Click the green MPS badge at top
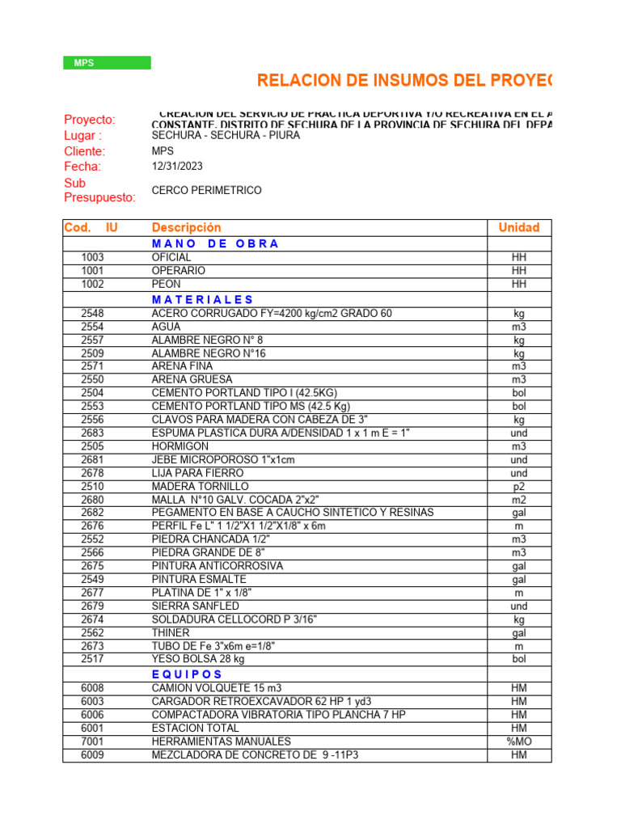(x=107, y=63)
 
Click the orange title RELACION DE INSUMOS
(x=404, y=80)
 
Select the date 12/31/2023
(x=177, y=167)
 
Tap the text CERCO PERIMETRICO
(x=206, y=190)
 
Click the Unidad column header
(x=518, y=228)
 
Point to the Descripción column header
(x=186, y=228)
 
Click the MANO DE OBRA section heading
(x=215, y=243)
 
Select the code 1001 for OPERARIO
(x=92, y=271)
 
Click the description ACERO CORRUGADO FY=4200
(x=272, y=313)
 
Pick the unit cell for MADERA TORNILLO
(x=518, y=486)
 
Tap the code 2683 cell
(x=92, y=433)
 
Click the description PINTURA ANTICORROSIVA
(x=218, y=566)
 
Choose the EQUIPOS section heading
(x=187, y=674)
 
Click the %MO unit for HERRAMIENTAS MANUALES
(x=518, y=741)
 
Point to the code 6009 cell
(x=92, y=755)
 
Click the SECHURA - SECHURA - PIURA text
(x=226, y=135)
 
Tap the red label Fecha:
(x=82, y=167)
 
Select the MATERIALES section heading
(x=203, y=299)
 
